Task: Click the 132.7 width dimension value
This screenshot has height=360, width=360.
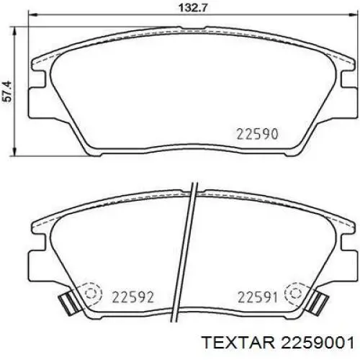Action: (192, 8)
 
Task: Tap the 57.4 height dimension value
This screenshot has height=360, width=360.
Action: (7, 91)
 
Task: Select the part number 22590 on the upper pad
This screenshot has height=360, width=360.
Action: (257, 134)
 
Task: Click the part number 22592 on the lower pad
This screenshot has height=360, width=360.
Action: (132, 297)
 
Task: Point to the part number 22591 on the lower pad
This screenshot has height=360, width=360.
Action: (258, 297)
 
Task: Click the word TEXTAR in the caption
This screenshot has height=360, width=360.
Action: (238, 343)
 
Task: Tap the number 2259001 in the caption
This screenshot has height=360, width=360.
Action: (318, 343)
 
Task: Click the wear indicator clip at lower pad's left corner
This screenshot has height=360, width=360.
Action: (69, 302)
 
